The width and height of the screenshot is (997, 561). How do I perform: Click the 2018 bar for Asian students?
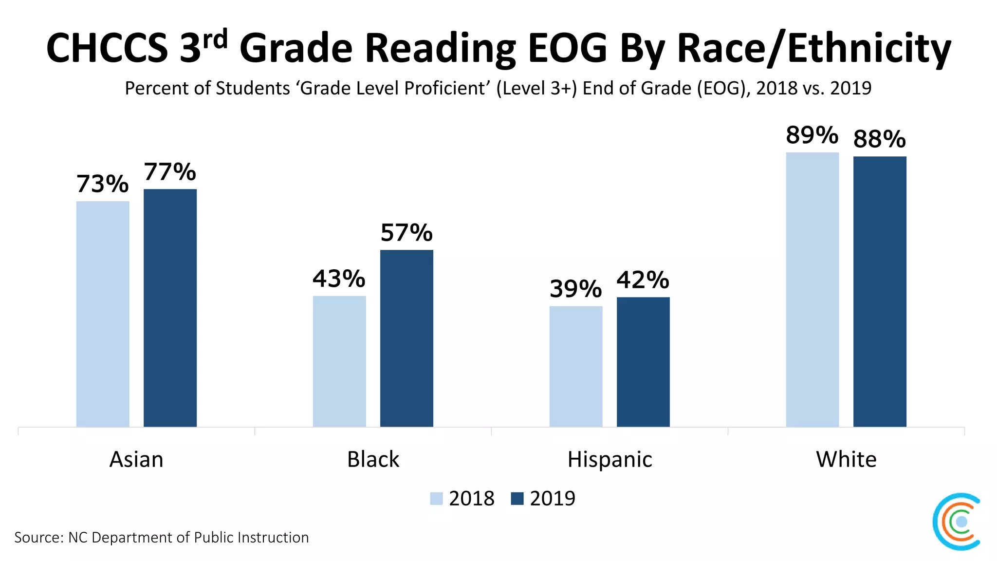(103, 314)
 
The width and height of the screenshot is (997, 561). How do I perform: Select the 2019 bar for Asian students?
(170, 308)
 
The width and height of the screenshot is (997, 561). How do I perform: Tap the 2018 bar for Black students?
(339, 361)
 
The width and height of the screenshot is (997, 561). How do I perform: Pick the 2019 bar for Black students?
(406, 338)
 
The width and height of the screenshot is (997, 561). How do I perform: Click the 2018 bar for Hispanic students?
(576, 366)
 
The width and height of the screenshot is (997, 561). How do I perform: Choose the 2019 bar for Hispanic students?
(643, 362)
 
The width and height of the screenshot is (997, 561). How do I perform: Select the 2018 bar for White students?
(812, 290)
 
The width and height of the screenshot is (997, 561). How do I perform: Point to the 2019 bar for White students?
(880, 292)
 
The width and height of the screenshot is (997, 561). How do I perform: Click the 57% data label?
(406, 232)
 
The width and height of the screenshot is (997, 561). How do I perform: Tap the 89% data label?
(812, 135)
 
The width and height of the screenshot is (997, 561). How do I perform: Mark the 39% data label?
(575, 289)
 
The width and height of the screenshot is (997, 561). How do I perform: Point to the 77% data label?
(170, 172)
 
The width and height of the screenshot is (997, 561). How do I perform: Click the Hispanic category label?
(609, 459)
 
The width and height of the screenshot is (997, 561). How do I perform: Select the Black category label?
(373, 459)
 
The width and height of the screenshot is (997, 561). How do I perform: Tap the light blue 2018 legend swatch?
(436, 499)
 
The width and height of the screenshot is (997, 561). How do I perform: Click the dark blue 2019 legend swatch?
(517, 499)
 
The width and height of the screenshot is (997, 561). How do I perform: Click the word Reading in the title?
(441, 49)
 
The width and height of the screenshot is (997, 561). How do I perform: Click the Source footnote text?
(161, 537)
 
